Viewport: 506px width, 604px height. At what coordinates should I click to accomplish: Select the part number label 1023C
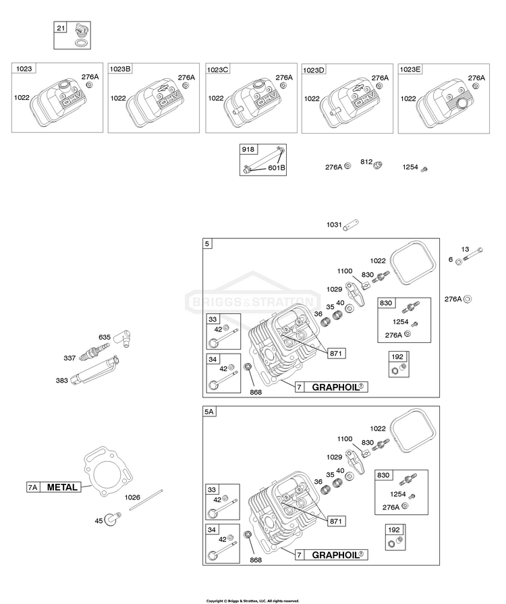click(x=217, y=70)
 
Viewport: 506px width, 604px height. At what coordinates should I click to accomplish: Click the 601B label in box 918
click(x=277, y=168)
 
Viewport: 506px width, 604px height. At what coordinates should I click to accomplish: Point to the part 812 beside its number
click(x=377, y=165)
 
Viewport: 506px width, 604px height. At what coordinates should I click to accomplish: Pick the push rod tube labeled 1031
click(x=351, y=224)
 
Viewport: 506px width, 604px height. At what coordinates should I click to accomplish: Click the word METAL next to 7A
click(x=62, y=487)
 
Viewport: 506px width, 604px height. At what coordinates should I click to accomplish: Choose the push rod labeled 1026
click(x=146, y=500)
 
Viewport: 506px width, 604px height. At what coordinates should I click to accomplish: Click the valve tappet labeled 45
click(x=113, y=519)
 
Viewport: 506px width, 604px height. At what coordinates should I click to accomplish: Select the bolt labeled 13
click(x=473, y=254)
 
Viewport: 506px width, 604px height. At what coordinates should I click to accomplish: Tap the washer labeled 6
click(x=459, y=262)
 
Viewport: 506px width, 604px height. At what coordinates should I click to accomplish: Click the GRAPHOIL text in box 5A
click(x=336, y=555)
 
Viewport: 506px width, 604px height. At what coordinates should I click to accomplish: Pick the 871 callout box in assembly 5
click(x=336, y=353)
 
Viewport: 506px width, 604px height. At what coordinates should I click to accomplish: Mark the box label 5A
click(x=208, y=412)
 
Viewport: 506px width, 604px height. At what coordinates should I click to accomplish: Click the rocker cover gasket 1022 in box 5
click(x=412, y=263)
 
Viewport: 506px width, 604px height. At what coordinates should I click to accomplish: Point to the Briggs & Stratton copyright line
click(x=252, y=601)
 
